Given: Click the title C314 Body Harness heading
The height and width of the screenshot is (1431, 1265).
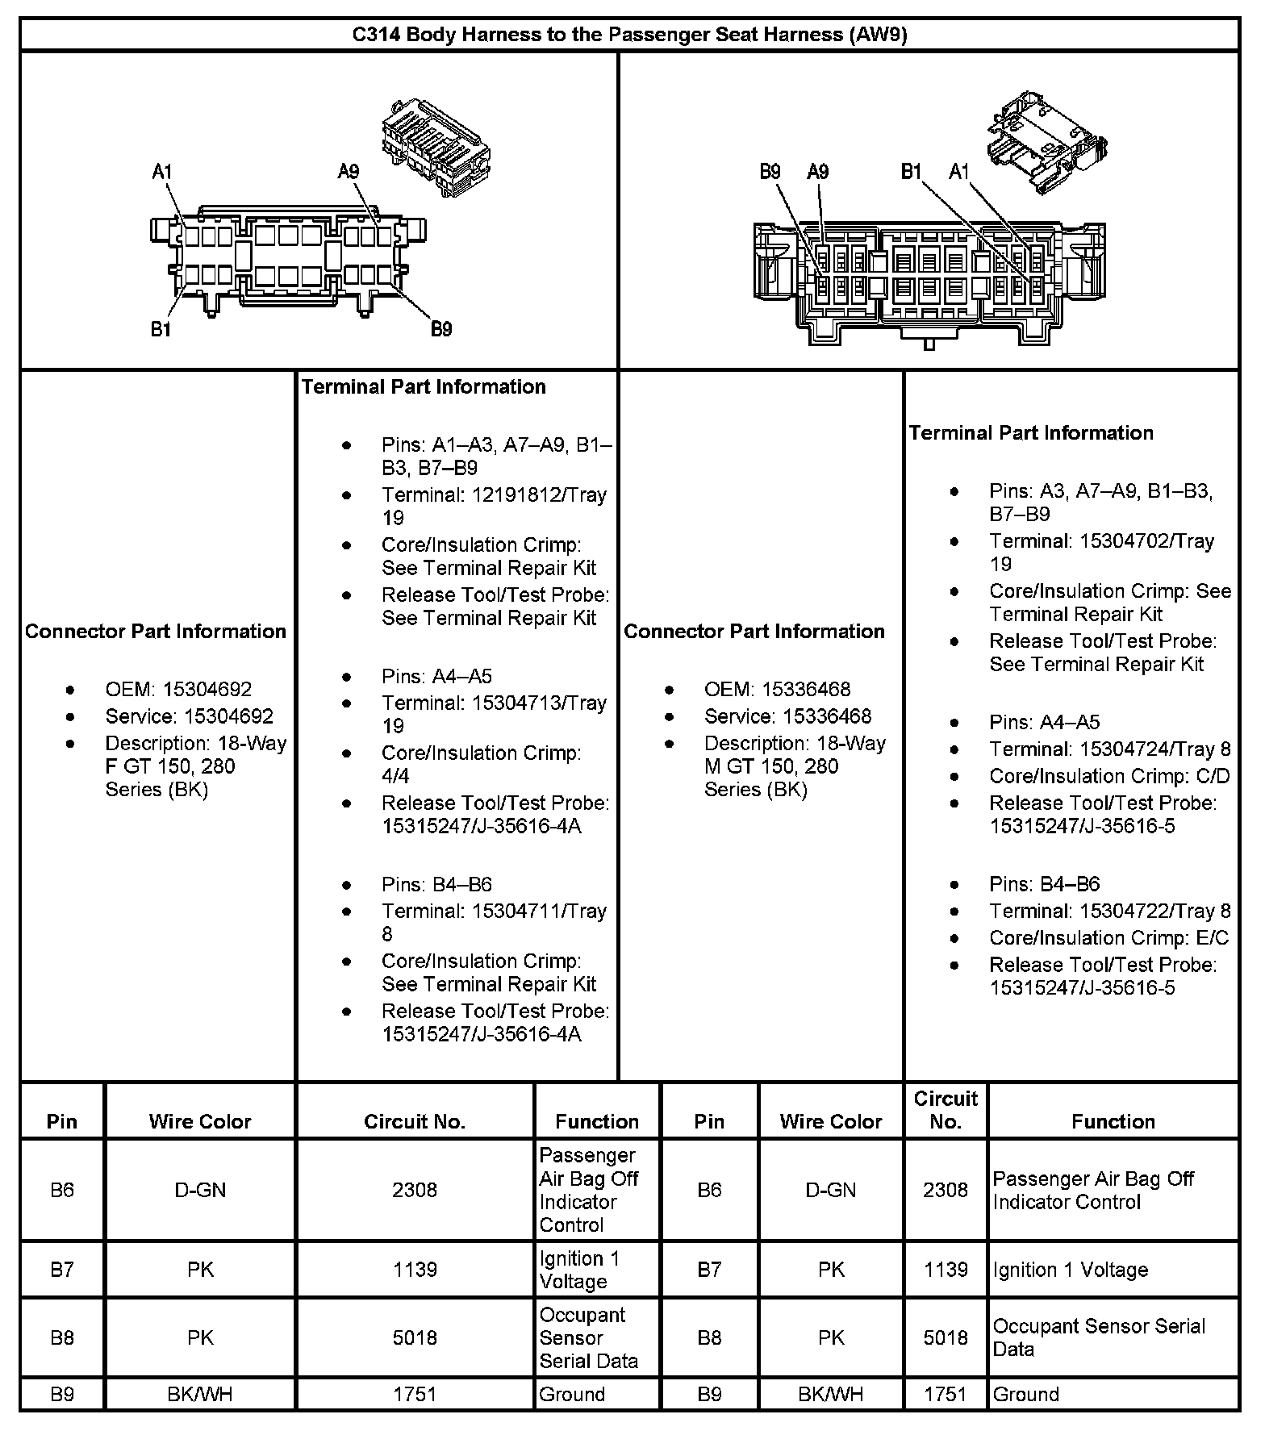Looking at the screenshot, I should [x=630, y=35].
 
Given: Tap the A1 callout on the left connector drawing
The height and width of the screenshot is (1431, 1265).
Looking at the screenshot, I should [x=162, y=171].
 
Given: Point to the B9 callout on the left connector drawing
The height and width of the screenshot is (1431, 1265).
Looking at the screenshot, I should [x=440, y=328].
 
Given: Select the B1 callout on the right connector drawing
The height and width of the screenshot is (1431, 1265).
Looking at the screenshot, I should [x=911, y=171].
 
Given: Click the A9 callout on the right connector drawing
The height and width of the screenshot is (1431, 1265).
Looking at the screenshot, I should [x=817, y=171].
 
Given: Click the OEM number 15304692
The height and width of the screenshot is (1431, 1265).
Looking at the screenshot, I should [x=207, y=690].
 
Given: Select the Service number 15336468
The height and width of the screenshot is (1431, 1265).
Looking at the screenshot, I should [x=817, y=716].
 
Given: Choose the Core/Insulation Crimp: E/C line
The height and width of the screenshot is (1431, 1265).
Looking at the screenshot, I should [x=1108, y=938].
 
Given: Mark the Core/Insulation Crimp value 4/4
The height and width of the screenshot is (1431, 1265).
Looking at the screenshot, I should [x=395, y=776].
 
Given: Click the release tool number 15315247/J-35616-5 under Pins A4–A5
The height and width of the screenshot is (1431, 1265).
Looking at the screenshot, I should [x=1082, y=826].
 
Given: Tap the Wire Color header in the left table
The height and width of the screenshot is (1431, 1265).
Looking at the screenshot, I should [x=200, y=1121].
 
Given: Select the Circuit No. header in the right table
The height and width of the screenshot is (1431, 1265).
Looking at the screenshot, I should [x=945, y=1110].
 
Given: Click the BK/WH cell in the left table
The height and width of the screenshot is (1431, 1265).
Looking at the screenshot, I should [x=200, y=1394].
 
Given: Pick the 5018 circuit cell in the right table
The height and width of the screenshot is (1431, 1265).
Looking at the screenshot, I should [x=945, y=1337].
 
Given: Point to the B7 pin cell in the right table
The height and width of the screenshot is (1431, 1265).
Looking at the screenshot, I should [x=709, y=1270].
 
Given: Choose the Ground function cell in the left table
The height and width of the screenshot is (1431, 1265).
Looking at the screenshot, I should [x=572, y=1394].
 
